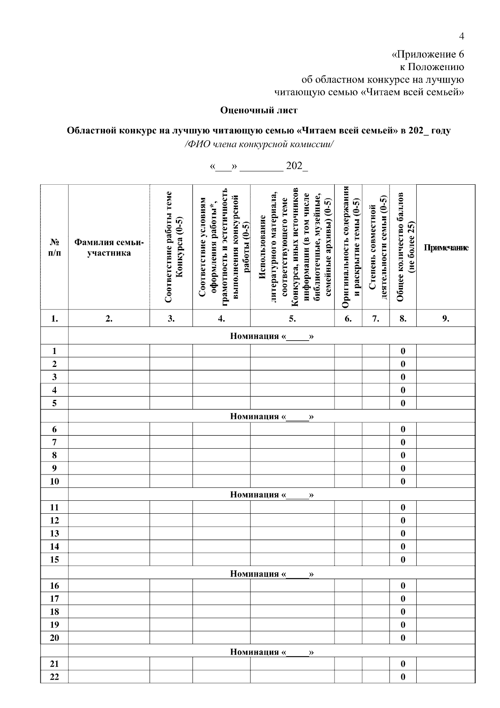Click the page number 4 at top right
point(461,36)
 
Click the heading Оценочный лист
point(259,110)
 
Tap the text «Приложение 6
point(428,55)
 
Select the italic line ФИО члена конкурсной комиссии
point(259,144)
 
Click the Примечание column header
point(446,248)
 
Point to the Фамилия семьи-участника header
point(109,248)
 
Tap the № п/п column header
point(54,248)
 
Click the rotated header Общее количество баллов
point(403,248)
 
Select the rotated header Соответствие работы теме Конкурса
point(171,248)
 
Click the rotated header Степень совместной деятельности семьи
point(376,248)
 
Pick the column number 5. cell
point(292,319)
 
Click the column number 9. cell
point(446,319)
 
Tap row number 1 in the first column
point(54,351)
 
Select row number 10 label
point(54,482)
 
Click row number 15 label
point(54,560)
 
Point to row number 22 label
point(54,677)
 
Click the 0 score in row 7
point(403,442)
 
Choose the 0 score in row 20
point(403,638)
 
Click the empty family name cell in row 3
point(109,377)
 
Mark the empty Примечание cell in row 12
point(446,521)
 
